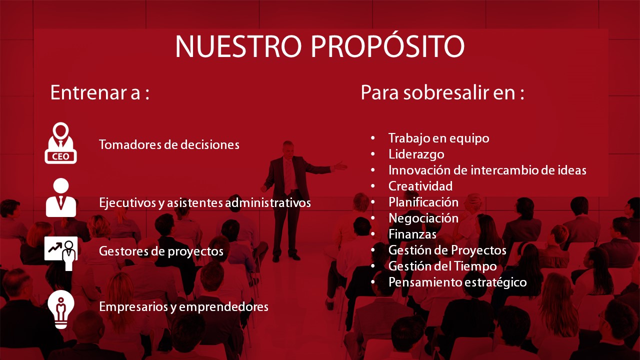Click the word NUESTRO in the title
(x=238, y=46)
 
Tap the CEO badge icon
(x=60, y=143)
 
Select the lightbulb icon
(x=61, y=309)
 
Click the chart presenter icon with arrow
(x=61, y=253)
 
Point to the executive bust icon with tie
(x=61, y=197)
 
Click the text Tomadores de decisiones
(x=169, y=144)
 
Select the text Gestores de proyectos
(x=161, y=251)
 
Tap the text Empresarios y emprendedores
(x=183, y=307)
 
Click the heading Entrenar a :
(x=100, y=92)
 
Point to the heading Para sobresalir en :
(x=442, y=92)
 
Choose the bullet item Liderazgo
(x=416, y=154)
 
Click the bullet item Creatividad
(x=420, y=186)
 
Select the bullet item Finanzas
(x=412, y=234)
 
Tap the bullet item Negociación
(x=423, y=218)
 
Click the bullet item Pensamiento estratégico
(x=457, y=282)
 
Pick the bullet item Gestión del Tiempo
(x=442, y=266)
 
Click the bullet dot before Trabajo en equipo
(x=373, y=138)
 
